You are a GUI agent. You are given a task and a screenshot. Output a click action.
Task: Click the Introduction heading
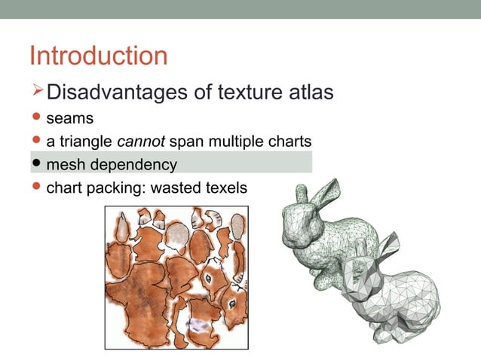(x=98, y=56)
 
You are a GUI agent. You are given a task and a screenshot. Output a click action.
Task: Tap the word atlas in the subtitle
(x=308, y=93)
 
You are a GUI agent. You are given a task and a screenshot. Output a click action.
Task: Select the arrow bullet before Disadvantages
(x=38, y=92)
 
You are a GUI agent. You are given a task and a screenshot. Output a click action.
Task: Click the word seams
(x=69, y=118)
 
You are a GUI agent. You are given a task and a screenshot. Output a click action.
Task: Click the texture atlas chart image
(x=178, y=279)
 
